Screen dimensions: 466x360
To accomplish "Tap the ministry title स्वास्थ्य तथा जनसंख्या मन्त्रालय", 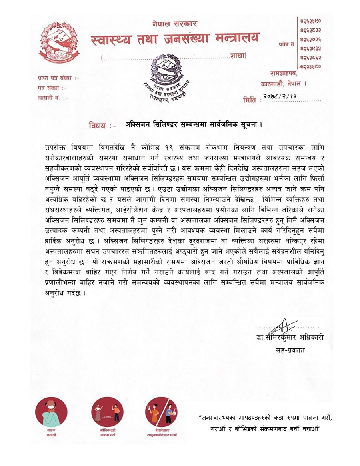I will pos(175,39).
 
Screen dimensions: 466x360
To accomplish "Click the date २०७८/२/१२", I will pos(282,96).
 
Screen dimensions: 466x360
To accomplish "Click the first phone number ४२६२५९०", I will pos(310,20).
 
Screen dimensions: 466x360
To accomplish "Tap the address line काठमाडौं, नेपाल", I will pos(283,84).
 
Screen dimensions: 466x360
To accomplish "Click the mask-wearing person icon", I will pos(51,412).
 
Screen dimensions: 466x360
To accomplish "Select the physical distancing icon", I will pos(107,412).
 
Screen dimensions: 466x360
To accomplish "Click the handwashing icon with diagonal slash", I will pos(161,412).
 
